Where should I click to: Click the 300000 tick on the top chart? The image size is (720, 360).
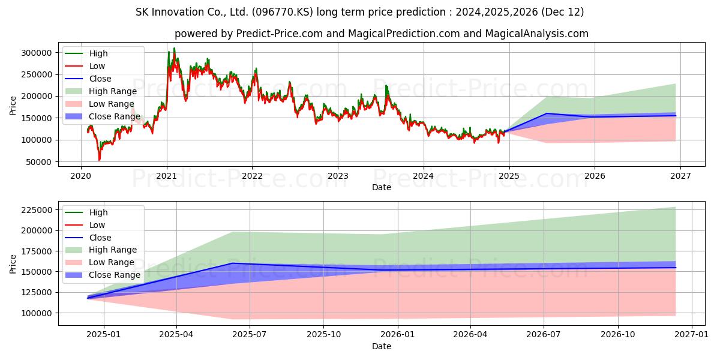click(x=37, y=53)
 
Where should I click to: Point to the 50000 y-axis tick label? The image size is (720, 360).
click(x=39, y=163)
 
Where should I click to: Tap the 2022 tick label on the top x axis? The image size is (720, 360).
click(x=253, y=176)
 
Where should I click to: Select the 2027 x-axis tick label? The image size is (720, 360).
click(x=680, y=176)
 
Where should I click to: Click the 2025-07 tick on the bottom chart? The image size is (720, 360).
click(x=250, y=335)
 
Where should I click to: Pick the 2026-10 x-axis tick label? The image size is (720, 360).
click(x=618, y=335)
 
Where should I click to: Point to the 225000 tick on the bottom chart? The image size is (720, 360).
click(x=37, y=210)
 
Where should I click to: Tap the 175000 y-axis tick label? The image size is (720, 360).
click(x=37, y=251)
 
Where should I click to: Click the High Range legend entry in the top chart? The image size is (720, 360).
click(x=101, y=91)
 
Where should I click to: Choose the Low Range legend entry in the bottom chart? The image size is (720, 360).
click(x=100, y=263)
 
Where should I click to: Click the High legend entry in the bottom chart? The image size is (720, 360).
click(x=86, y=212)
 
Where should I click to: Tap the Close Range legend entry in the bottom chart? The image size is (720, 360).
click(x=103, y=275)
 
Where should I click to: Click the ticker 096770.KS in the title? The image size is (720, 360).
click(x=282, y=12)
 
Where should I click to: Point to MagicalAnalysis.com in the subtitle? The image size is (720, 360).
click(x=537, y=34)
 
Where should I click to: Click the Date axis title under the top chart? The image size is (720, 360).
click(x=382, y=187)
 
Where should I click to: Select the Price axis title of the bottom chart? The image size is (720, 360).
click(x=13, y=264)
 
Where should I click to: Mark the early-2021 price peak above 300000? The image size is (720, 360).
click(x=174, y=48)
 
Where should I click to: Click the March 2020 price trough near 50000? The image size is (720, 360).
click(x=100, y=160)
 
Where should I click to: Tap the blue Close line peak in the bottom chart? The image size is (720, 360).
click(x=233, y=263)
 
